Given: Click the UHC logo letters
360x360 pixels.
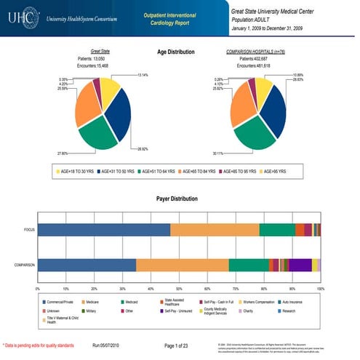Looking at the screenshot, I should coord(20,16).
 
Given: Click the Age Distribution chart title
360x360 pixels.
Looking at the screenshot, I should coord(178,53).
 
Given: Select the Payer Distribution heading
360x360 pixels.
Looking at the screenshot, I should coord(178,198).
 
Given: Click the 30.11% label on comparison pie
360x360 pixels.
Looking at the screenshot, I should coord(218,154).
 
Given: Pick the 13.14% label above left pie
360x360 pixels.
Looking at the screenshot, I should coord(143,73).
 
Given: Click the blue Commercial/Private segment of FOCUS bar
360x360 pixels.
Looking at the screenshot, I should coord(102,230).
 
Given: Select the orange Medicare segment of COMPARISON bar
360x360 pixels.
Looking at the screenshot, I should coord(182,265).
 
